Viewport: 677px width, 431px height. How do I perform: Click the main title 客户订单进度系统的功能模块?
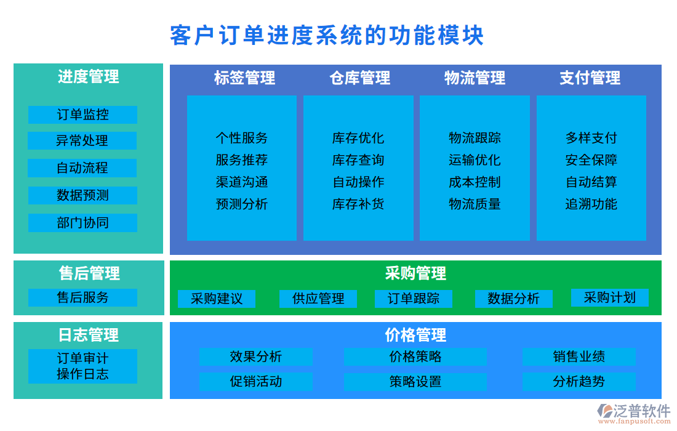pos(327,36)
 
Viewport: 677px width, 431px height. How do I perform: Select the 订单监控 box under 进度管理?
pos(82,115)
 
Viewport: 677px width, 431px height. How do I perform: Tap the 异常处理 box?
pos(82,140)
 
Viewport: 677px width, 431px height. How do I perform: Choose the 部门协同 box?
pos(82,223)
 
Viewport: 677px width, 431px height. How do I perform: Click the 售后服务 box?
pos(82,297)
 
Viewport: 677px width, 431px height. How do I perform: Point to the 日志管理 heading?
pos(88,336)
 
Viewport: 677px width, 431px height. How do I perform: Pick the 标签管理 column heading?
pos(244,78)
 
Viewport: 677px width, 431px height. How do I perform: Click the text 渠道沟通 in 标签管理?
pos(242,182)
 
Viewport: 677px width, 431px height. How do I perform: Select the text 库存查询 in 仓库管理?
pos(358,160)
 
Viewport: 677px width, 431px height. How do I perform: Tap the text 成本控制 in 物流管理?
pos(475,182)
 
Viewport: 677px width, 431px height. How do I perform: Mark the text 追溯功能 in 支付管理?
pos(591,204)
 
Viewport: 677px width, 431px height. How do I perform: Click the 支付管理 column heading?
pos(590,78)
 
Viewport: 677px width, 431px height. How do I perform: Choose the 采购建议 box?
pos(217,299)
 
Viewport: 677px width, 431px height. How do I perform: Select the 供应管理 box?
pos(318,299)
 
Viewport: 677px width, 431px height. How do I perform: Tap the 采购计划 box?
pos(609,297)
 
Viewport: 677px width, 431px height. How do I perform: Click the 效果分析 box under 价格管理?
pos(255,356)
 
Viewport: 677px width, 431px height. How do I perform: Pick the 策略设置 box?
pos(415,382)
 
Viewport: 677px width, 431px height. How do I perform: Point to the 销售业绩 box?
pos(579,356)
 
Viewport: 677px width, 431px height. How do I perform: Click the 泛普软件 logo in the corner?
pos(634,412)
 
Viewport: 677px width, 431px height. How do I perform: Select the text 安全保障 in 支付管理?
pos(591,160)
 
